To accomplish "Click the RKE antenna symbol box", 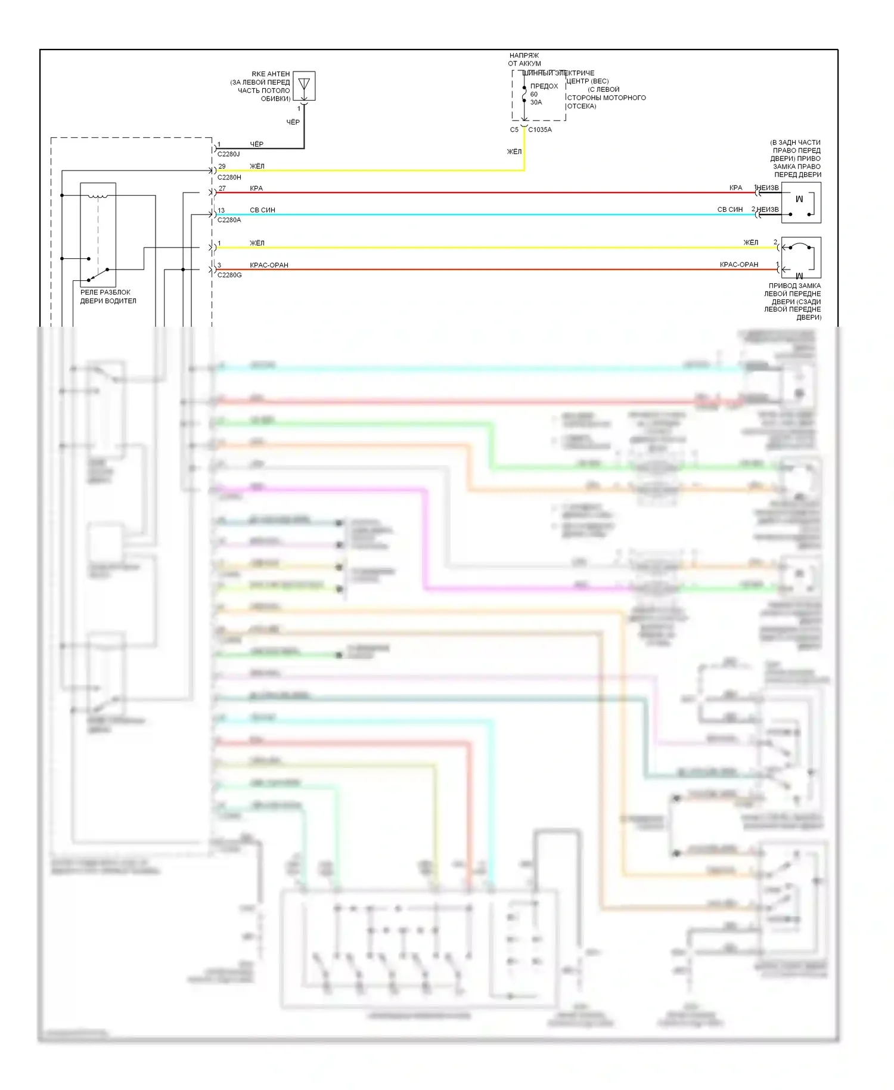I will [x=304, y=86].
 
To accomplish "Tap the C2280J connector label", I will [x=228, y=154].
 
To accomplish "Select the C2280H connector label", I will [x=229, y=177].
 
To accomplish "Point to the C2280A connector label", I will [x=229, y=220].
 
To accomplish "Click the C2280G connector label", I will [x=229, y=275].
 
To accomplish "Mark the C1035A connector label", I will [x=540, y=129].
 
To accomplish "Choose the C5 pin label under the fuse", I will [x=514, y=129].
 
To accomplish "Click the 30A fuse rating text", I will [x=536, y=102].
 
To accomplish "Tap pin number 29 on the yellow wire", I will [x=222, y=166].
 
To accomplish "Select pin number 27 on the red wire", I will [x=222, y=188].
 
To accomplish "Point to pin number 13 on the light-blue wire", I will [x=221, y=210].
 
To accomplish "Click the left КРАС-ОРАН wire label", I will [x=269, y=265].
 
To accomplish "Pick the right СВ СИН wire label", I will [x=730, y=210].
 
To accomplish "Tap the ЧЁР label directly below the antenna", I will [x=293, y=122].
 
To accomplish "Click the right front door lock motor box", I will [x=801, y=203].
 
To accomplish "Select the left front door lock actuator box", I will [x=801, y=258].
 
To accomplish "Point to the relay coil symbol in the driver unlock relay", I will [x=98, y=196].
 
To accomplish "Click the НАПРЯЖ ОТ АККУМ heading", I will [x=524, y=59].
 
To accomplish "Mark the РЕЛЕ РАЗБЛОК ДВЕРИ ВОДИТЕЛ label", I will [x=108, y=296].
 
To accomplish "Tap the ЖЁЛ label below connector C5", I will [x=514, y=151].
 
